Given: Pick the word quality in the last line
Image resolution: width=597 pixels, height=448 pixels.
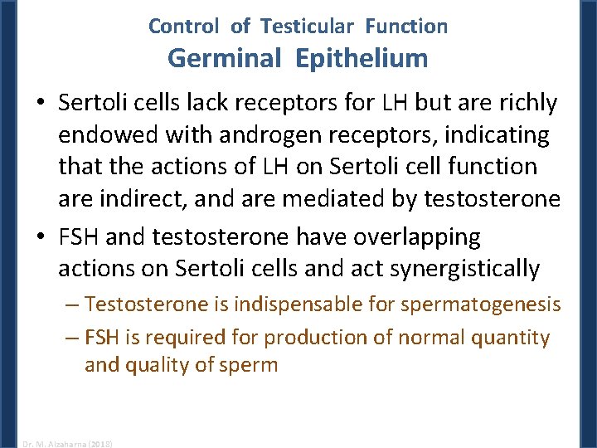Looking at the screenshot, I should pyautogui.click(x=155, y=365).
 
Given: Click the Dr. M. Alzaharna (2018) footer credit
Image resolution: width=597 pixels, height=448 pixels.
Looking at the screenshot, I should pyautogui.click(x=67, y=443).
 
